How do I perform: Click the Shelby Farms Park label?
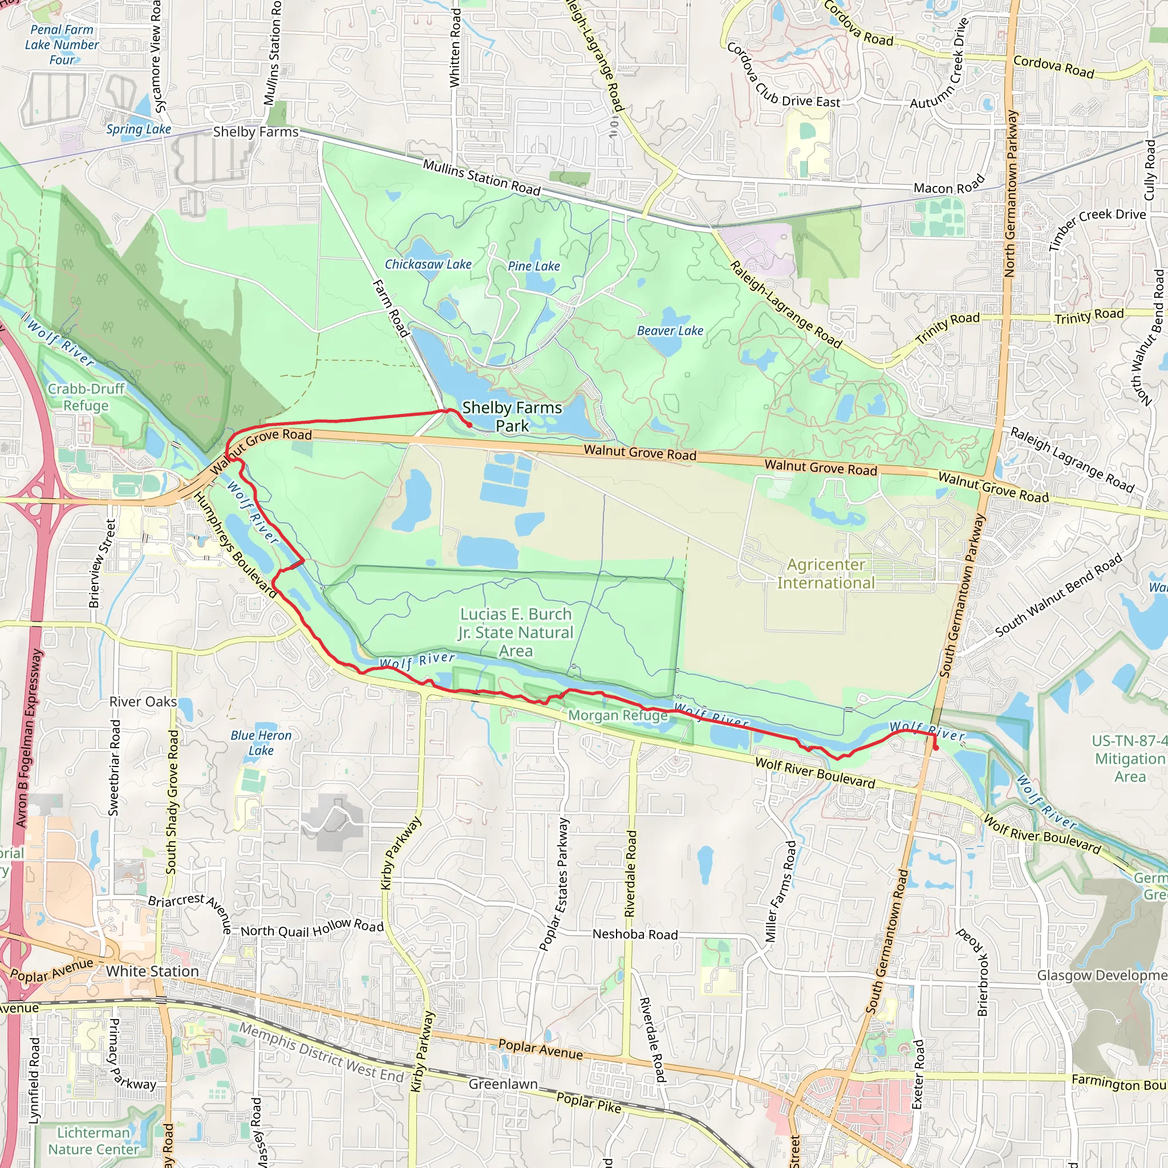[512, 416]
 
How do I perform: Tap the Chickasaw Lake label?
[428, 264]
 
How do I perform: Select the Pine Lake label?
[534, 266]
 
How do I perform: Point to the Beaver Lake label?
[670, 331]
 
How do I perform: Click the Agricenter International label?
[826, 573]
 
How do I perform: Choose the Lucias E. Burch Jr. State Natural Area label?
[516, 632]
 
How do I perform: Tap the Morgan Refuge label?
[618, 715]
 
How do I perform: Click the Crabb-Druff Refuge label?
[87, 397]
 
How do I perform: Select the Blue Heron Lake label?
[261, 743]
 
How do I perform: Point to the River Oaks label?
[143, 701]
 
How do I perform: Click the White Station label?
[152, 971]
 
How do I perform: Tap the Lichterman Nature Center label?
[94, 1141]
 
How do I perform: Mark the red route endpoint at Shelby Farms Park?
[469, 425]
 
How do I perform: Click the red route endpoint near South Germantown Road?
[936, 748]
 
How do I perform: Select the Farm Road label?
[391, 309]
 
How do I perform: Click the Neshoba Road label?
[635, 934]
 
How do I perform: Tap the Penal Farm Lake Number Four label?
[62, 44]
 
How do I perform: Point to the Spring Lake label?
[139, 129]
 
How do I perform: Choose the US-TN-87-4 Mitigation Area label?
[1129, 759]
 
